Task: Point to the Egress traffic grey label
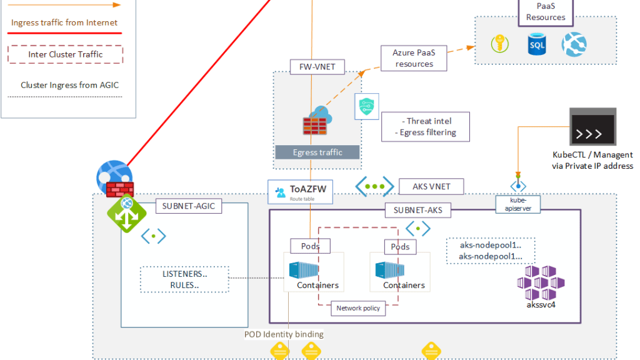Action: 317,152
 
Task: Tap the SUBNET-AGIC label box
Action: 188,206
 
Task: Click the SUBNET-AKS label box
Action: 417,210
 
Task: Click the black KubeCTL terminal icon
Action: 592,127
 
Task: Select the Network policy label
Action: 358,308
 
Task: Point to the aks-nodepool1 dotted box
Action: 490,251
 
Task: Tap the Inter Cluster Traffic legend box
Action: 66,54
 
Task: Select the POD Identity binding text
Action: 284,334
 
